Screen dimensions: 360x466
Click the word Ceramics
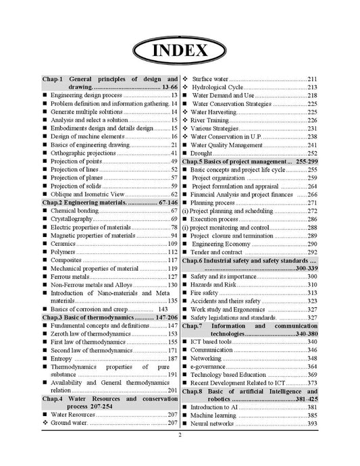[x=63, y=244]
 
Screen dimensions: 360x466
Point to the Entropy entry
[x=61, y=359]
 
